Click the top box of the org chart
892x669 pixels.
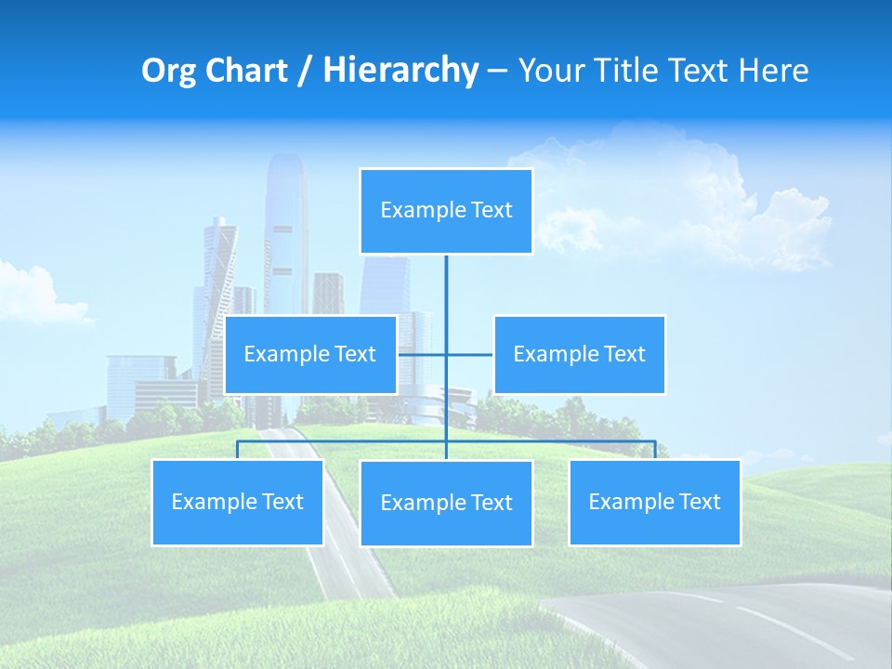point(446,211)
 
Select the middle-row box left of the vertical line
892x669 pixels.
point(310,355)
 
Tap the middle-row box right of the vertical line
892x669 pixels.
point(579,355)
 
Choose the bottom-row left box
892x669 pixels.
point(237,503)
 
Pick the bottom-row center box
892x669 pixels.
point(446,504)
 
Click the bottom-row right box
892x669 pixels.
point(654,503)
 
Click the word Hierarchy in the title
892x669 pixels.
point(400,71)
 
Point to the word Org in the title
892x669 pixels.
point(167,71)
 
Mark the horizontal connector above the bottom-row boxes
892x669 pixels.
point(557,441)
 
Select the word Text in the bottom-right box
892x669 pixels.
point(700,503)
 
